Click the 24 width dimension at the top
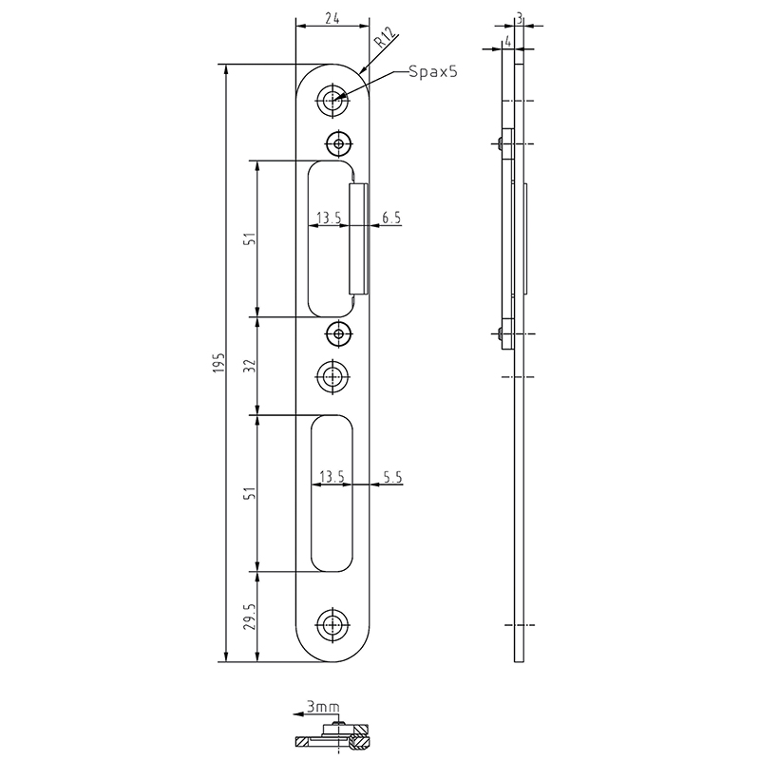point(332,18)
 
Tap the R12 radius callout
point(386,37)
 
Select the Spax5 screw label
point(433,72)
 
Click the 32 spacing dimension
point(251,366)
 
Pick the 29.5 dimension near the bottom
point(251,617)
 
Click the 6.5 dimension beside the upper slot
point(391,218)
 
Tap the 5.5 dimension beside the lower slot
point(392,478)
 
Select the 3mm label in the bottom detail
point(323,707)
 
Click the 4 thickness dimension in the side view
point(507,42)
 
